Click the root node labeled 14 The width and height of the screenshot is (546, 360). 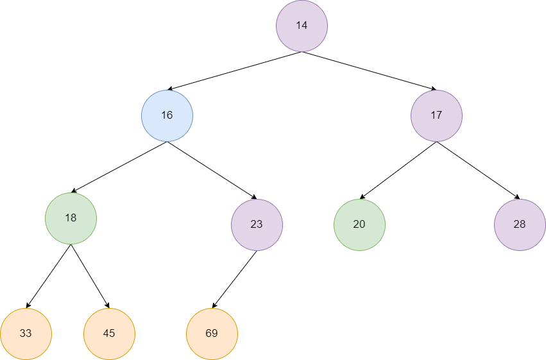point(302,26)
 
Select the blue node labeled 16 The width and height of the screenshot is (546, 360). point(167,116)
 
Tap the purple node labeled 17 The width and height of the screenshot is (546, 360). point(437,116)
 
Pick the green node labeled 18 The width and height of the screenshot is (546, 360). point(71,218)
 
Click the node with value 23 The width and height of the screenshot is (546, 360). point(257,225)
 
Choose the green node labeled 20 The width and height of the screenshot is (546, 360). point(360,225)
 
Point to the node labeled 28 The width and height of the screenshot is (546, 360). point(520,225)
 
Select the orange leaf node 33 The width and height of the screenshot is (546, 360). point(26,334)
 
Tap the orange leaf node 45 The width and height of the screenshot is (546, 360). point(109,334)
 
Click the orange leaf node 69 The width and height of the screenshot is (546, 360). point(212,334)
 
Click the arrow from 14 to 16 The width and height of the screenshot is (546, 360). point(235,71)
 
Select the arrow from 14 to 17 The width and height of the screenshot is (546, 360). point(369,71)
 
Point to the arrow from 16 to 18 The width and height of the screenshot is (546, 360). point(119,167)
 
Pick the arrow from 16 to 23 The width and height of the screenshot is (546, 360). point(212,170)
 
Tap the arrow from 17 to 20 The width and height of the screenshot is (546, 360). point(398,170)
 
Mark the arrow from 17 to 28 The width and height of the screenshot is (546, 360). point(478,170)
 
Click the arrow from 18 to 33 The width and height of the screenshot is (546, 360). point(48,276)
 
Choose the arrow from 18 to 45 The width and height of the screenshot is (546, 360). point(90,276)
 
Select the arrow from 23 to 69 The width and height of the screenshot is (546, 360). point(234,279)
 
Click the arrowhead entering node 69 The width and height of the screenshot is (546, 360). point(214,305)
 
